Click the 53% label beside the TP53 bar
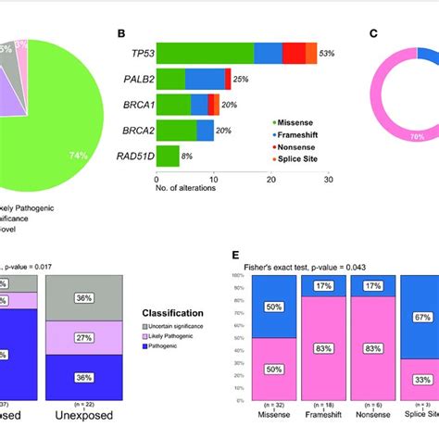point(327,54)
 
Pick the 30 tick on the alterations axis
point(328,180)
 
